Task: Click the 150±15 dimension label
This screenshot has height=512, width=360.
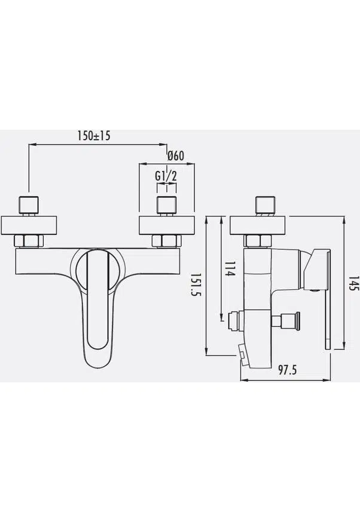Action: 94,136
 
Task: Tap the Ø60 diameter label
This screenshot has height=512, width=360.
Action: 176,156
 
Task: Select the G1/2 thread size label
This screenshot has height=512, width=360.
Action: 166,176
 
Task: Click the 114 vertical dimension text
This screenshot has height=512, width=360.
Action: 230,269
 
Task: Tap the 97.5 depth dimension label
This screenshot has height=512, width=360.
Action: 288,370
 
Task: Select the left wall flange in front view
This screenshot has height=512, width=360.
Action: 29,225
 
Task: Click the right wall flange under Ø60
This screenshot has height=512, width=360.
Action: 167,225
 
